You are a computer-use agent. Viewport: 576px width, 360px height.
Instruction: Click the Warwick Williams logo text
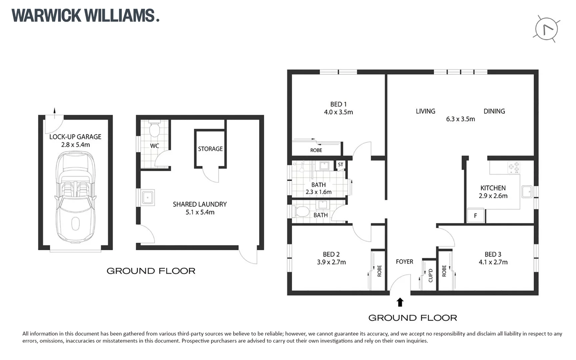pyautogui.click(x=85, y=16)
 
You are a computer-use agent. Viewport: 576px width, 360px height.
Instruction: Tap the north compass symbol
pyautogui.click(x=546, y=29)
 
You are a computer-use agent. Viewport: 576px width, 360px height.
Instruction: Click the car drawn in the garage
pyautogui.click(x=75, y=197)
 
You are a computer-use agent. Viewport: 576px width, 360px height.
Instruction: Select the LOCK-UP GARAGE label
pyautogui.click(x=75, y=137)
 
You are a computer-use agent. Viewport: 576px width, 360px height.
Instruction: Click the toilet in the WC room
pyautogui.click(x=154, y=129)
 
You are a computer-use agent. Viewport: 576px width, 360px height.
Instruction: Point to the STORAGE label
pyautogui.click(x=210, y=149)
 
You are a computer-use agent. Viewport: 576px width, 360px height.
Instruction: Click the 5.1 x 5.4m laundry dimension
pyautogui.click(x=200, y=212)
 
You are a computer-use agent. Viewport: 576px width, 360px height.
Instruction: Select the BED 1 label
pyautogui.click(x=338, y=104)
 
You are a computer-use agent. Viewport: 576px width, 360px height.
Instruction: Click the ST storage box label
pyautogui.click(x=340, y=164)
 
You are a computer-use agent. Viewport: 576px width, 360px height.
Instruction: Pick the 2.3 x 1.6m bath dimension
pyautogui.click(x=318, y=192)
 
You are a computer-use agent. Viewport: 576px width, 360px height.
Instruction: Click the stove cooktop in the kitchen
pyautogui.click(x=514, y=167)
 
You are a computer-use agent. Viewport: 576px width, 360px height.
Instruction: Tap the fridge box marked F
pyautogui.click(x=475, y=216)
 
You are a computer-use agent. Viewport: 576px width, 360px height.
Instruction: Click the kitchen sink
pyautogui.click(x=527, y=192)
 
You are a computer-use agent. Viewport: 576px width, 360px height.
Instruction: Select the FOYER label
pyautogui.click(x=404, y=262)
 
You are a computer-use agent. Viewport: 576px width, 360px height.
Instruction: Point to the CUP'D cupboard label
pyautogui.click(x=430, y=275)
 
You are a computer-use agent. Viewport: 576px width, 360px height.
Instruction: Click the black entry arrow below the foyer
pyautogui.click(x=400, y=302)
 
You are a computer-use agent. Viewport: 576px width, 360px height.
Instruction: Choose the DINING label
pyautogui.click(x=494, y=111)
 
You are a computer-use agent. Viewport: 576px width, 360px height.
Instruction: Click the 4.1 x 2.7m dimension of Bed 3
pyautogui.click(x=493, y=262)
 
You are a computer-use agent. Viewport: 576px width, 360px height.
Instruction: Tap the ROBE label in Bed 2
pyautogui.click(x=379, y=271)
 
